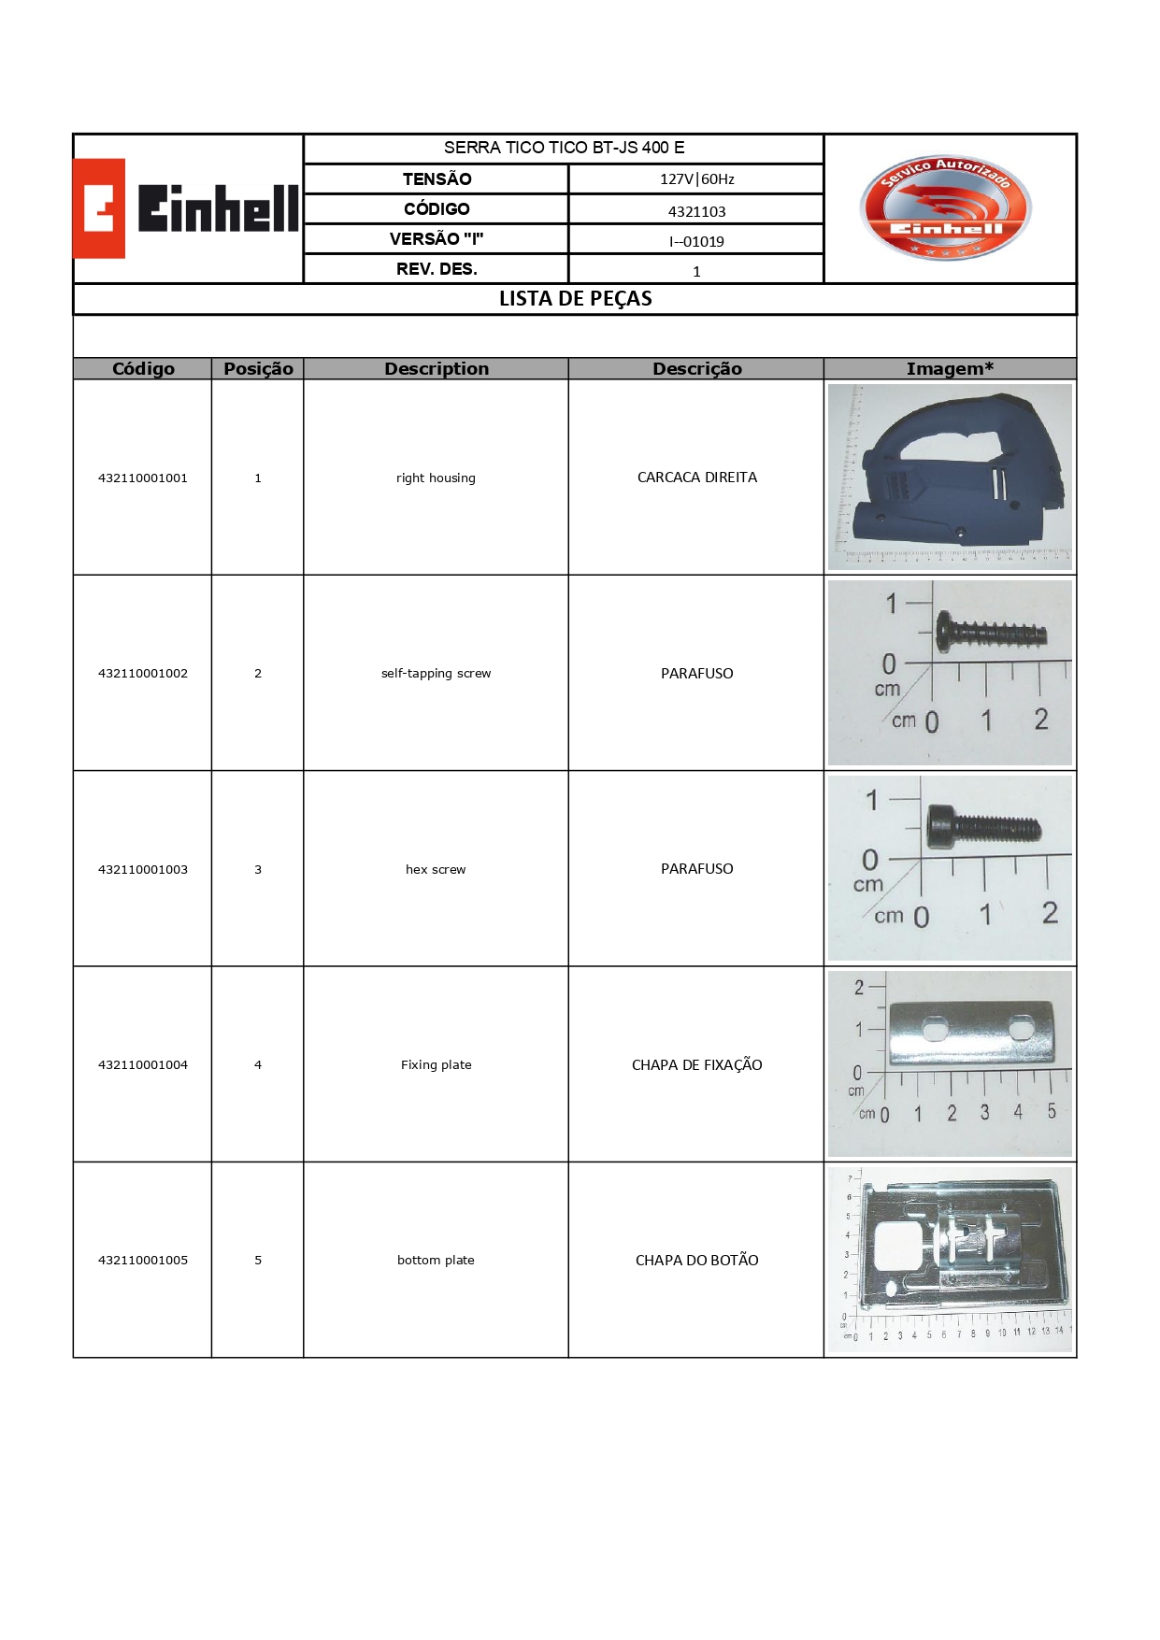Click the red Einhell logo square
(99, 208)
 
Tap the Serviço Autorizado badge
(945, 207)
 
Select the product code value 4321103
(696, 211)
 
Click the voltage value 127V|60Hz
(696, 179)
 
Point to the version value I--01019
(696, 241)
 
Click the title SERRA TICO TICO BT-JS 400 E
(564, 148)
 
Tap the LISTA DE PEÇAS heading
(575, 299)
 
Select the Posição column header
(258, 369)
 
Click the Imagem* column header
(950, 369)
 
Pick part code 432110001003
(143, 869)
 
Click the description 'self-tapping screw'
(436, 673)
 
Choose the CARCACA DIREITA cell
(696, 478)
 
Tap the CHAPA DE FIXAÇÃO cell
(696, 1065)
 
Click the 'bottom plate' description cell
(436, 1260)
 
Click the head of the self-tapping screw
(946, 633)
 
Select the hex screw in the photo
(981, 828)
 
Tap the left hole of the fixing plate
(936, 1030)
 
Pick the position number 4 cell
(258, 1064)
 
